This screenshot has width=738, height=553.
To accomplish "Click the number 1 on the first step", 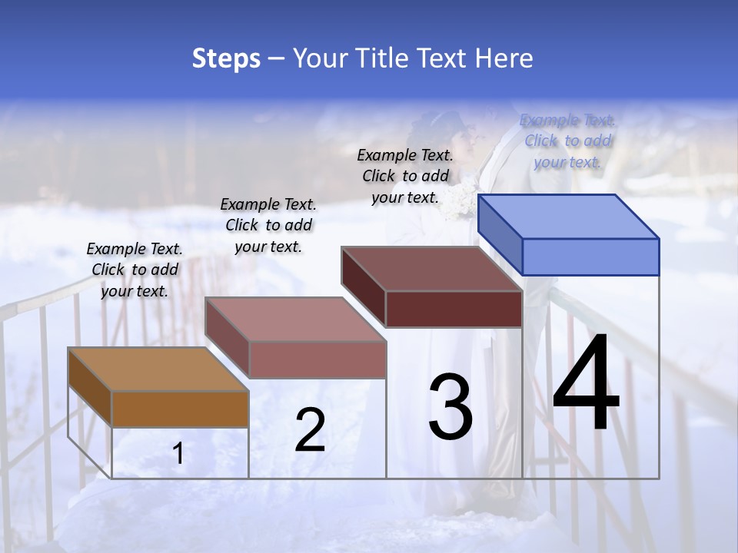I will coord(178,454).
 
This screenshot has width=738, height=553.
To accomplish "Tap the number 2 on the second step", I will coord(310,430).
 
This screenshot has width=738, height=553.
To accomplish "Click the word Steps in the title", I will coord(226,58).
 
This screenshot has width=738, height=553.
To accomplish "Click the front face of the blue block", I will coord(590,257).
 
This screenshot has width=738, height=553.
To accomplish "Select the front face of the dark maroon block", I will coord(454,309).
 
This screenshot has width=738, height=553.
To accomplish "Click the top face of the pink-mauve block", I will coord(295,320).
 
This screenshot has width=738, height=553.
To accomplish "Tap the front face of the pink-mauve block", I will coord(317,359).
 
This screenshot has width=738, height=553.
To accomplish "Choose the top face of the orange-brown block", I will coord(158,369).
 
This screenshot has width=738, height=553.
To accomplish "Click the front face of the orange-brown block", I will coord(180,409).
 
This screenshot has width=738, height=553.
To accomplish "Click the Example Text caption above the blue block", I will coord(568,141).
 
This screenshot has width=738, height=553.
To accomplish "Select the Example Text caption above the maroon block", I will coord(405,176).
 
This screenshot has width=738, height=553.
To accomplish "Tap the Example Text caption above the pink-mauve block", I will coord(268,225).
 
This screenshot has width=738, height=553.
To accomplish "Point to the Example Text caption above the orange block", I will coord(135,270).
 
